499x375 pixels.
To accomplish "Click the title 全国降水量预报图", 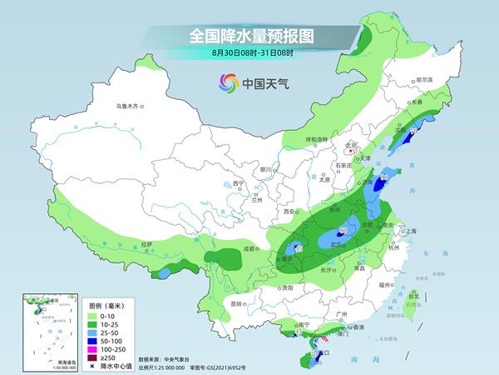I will click(x=249, y=37).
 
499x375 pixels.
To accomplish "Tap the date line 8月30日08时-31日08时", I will click(x=249, y=52).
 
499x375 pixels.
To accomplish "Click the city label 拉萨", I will click(x=146, y=243).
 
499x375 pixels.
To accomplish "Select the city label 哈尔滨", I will click(x=424, y=79).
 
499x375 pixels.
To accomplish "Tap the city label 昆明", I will click(x=239, y=302).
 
